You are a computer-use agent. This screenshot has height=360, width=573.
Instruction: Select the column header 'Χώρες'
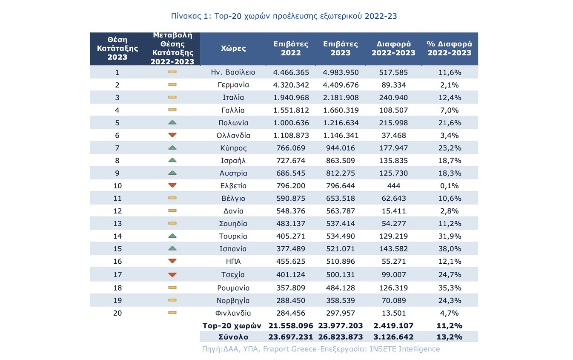pos(233,48)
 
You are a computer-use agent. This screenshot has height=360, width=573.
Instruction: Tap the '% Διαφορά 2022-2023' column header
pos(450,48)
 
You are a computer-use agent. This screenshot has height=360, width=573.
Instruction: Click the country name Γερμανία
pos(233,85)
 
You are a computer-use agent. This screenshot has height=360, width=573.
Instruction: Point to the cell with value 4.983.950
pos(341,72)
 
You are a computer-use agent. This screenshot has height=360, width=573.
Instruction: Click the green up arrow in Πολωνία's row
pos(172,123)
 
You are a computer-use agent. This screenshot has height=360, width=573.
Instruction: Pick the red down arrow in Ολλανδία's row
pos(172,135)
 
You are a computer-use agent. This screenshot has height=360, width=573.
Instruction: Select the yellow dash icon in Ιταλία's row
pos(172,98)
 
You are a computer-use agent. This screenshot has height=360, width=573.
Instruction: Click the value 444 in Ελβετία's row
pos(393,186)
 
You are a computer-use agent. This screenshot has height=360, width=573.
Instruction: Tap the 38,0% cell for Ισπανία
pos(450,249)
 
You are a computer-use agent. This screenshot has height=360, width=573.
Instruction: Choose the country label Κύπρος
pos(233,148)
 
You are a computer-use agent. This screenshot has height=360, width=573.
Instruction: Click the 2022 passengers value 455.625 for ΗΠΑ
pos(291,261)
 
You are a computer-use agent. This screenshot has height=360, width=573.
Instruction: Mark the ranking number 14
pos(117,236)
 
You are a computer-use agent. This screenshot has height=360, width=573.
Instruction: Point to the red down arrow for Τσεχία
pos(172,274)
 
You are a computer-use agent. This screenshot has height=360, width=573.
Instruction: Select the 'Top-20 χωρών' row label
pos(231,325)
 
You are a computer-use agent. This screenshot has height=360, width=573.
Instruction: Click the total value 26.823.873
pos(341,337)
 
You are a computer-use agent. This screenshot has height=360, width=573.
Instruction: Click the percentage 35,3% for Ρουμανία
pos(450,288)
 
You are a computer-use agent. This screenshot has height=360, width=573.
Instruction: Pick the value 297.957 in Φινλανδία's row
pos(341,313)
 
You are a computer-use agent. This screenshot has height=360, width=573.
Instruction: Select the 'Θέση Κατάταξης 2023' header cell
pos(117,48)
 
